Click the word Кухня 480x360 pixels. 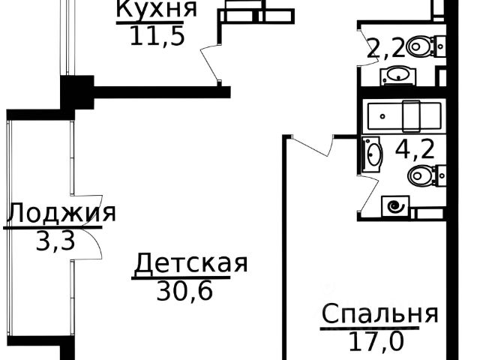click(x=156, y=10)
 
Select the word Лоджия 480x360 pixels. click(x=61, y=214)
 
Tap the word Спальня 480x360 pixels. click(x=379, y=313)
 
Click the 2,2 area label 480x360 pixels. click(x=385, y=51)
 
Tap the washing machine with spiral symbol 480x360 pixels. click(x=397, y=205)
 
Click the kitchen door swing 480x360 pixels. click(x=211, y=64)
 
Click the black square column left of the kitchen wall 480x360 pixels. click(x=76, y=93)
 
